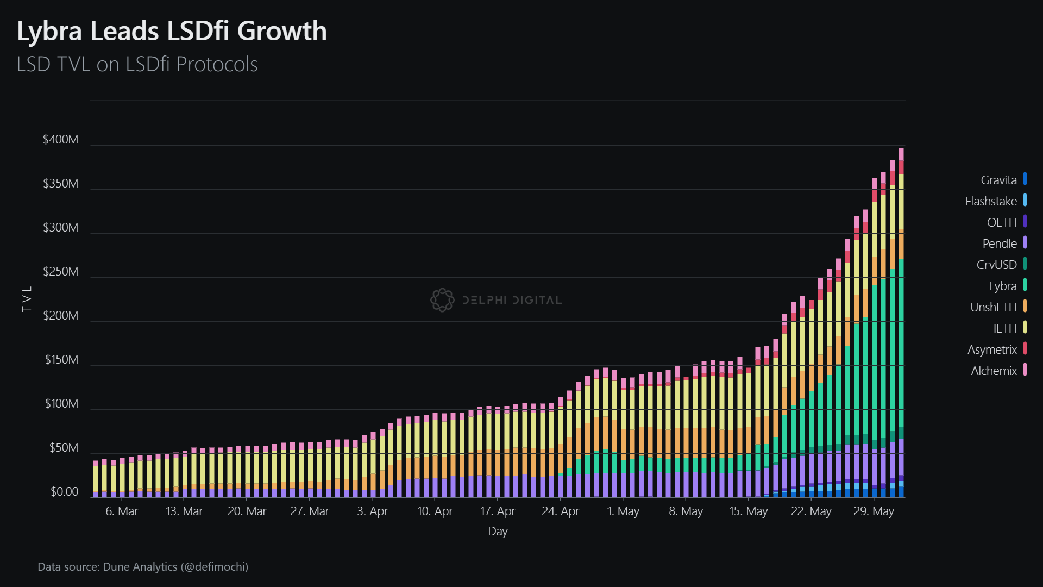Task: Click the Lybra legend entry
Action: coord(1002,286)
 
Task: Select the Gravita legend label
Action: coord(998,180)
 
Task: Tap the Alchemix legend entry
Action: coord(994,371)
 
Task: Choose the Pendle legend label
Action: coord(999,243)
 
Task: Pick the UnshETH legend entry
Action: coord(993,307)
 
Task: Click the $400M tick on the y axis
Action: coord(60,140)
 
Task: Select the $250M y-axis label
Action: coord(60,272)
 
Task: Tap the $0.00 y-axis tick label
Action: coord(64,492)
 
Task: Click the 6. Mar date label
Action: coord(122,511)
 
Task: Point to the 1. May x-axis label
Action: coord(623,511)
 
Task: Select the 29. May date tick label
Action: coord(874,511)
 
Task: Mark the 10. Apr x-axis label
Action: coord(435,511)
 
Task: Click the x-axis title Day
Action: coord(498,532)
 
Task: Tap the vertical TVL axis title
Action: coord(27,298)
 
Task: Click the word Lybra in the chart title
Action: coord(49,32)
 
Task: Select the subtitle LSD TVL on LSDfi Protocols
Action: coord(137,64)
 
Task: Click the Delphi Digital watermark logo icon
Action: coord(442,300)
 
